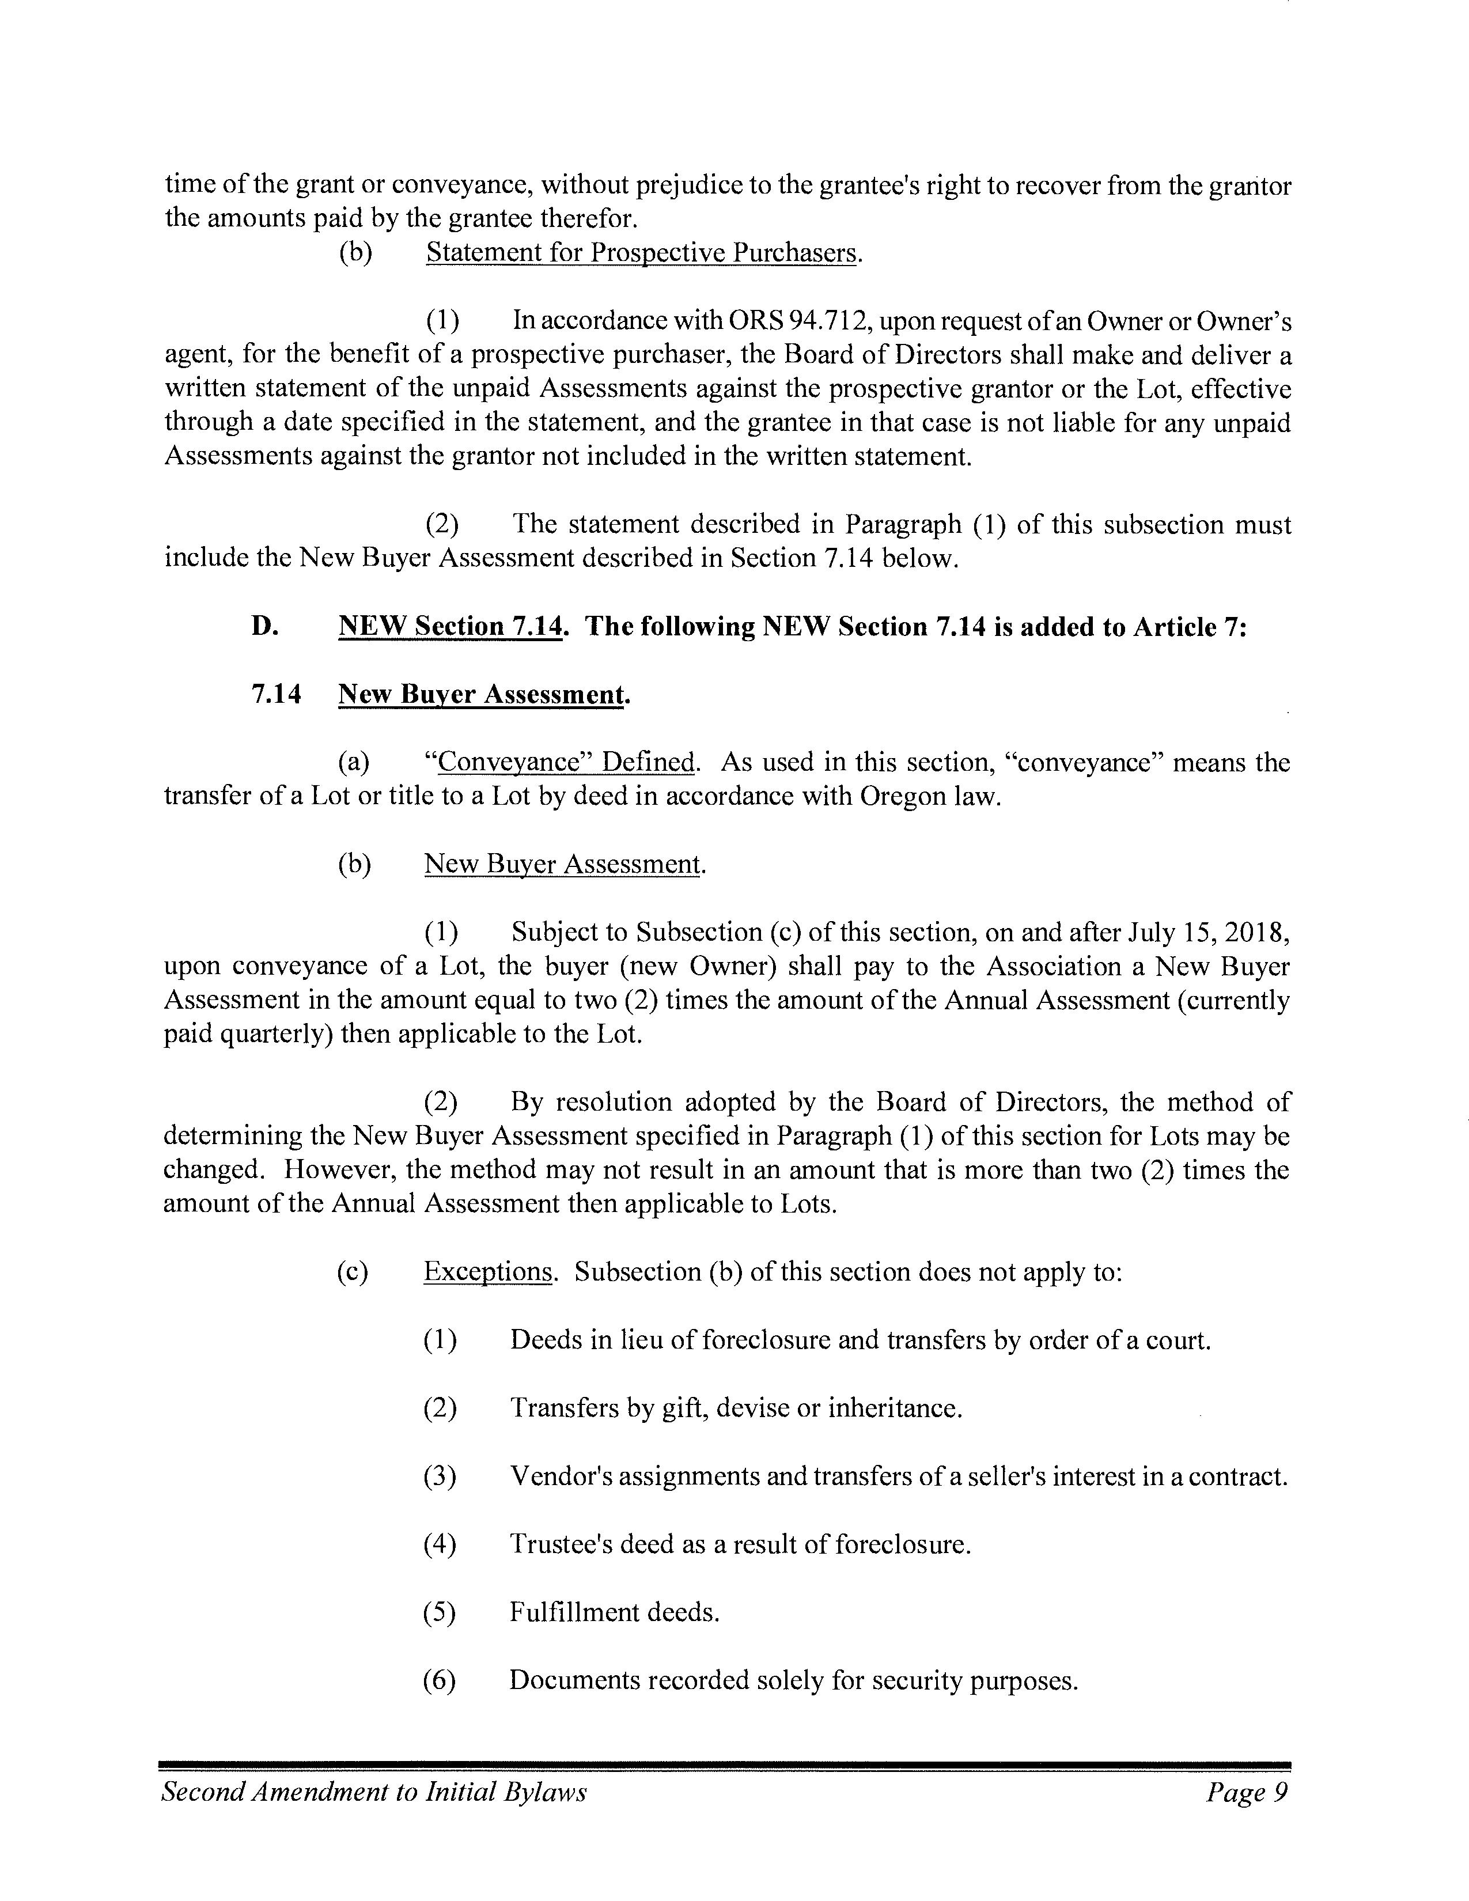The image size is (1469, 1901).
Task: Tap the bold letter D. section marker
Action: (x=264, y=627)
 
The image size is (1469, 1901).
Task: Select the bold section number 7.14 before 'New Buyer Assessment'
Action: (x=276, y=695)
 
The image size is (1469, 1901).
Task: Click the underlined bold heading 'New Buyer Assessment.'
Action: (x=483, y=695)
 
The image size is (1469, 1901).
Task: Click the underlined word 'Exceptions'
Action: (x=488, y=1272)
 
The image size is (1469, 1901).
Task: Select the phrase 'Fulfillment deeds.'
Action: (x=615, y=1612)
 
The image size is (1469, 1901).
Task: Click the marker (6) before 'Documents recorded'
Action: (x=440, y=1680)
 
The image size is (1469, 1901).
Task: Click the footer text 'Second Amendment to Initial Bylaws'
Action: (x=374, y=1792)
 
